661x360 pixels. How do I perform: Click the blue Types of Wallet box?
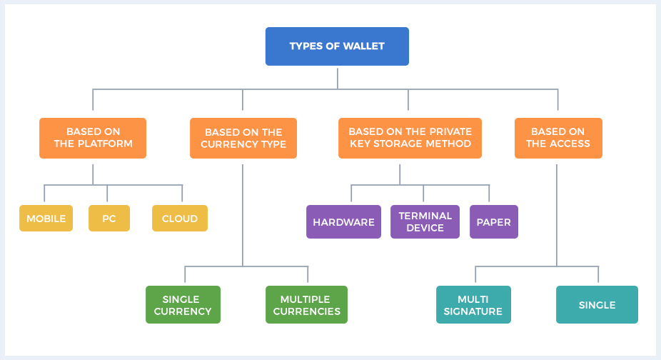[x=337, y=46]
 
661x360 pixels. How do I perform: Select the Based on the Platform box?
[x=93, y=138]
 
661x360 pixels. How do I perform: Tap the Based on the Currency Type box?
[x=243, y=138]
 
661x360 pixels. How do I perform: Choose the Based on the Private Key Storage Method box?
[x=410, y=138]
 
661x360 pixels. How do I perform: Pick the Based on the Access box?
[x=557, y=138]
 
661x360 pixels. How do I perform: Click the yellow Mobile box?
[x=46, y=219]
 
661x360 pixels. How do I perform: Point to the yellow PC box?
[x=109, y=219]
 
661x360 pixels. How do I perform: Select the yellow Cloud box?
[x=180, y=219]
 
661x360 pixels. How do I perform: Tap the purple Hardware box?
[x=343, y=222]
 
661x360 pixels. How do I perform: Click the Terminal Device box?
[x=425, y=222]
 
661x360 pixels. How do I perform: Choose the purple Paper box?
[x=493, y=222]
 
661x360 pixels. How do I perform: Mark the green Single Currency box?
[x=183, y=305]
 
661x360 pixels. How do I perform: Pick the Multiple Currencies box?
[x=306, y=305]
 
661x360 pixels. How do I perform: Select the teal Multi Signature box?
[x=473, y=305]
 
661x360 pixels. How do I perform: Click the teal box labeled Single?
[x=597, y=305]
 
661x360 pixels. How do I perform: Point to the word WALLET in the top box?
[x=364, y=46]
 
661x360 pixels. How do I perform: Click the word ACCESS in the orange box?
[x=572, y=144]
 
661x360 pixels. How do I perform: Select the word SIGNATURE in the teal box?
[x=473, y=311]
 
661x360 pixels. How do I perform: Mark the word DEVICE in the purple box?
[x=425, y=229]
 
